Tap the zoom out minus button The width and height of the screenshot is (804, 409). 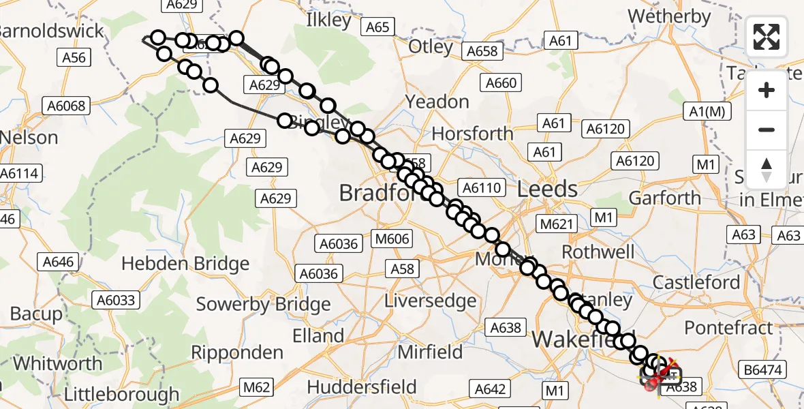[x=767, y=130]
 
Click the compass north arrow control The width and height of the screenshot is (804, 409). [x=767, y=169]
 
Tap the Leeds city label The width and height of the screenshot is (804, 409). [x=547, y=189]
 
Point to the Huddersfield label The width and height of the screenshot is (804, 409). [x=362, y=387]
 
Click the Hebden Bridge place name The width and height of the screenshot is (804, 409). [x=185, y=264]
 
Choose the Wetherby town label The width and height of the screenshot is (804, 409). [x=669, y=16]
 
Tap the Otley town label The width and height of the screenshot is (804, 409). [x=431, y=47]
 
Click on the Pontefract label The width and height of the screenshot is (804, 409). [x=729, y=327]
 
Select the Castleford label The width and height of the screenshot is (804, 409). [x=696, y=282]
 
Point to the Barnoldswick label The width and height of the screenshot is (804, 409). [x=52, y=31]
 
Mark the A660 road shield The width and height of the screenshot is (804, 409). [x=501, y=83]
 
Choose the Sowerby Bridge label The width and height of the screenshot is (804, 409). [x=263, y=304]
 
